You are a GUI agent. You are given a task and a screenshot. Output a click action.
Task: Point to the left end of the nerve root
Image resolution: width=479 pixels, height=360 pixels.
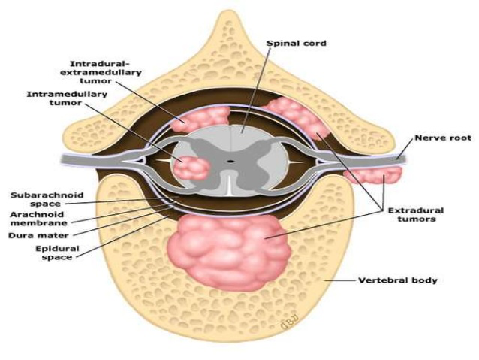[x=69, y=161]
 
